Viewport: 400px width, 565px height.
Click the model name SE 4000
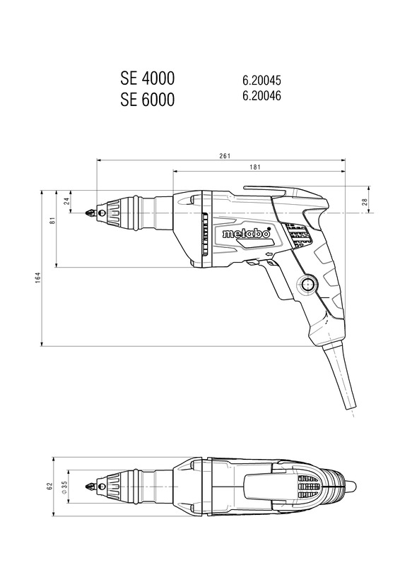[147, 78]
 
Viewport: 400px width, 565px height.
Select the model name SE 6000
[147, 100]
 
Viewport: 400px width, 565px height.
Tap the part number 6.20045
[261, 80]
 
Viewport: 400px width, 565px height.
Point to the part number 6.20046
[261, 95]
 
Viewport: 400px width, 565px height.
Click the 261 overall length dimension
[224, 156]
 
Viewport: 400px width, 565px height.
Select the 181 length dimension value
[254, 167]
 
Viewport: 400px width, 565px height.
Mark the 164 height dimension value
[38, 278]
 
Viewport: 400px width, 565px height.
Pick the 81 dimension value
[52, 220]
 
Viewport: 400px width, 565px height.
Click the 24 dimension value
[66, 201]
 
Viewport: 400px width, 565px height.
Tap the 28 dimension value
[364, 201]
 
